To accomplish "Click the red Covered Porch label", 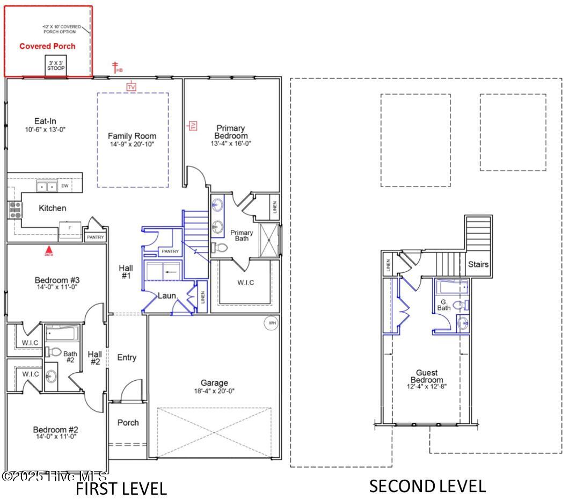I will (47, 46).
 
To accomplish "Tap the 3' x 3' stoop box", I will (56, 66).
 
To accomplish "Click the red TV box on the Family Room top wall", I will (132, 86).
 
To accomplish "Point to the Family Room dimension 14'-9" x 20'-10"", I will (132, 144).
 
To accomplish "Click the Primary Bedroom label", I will (231, 132).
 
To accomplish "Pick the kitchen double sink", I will (47, 186).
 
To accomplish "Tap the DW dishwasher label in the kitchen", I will (65, 186).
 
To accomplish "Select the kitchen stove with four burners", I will (14, 209).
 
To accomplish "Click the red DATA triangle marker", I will (48, 250).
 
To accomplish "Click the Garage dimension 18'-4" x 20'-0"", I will (214, 390).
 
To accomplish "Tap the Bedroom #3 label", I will (57, 280).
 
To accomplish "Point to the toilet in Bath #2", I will (54, 352).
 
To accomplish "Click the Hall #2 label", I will (94, 358).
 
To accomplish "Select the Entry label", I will (127, 358).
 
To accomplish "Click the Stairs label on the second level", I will (478, 264).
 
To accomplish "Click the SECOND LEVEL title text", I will (427, 486).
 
